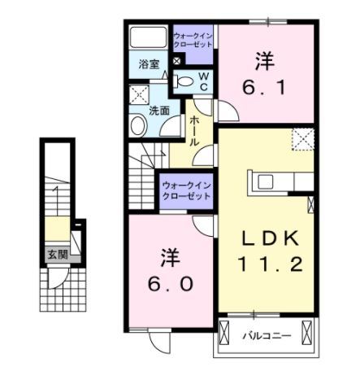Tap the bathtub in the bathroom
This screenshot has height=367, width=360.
[149, 38]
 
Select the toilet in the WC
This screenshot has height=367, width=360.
[185, 81]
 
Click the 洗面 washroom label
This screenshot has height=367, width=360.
[158, 110]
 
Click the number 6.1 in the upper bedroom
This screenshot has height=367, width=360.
[263, 85]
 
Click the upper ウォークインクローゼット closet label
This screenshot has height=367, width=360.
[193, 40]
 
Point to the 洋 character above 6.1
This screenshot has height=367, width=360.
[263, 59]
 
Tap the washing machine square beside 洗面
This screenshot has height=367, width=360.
[137, 93]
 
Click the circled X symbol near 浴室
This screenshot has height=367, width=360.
[176, 61]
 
